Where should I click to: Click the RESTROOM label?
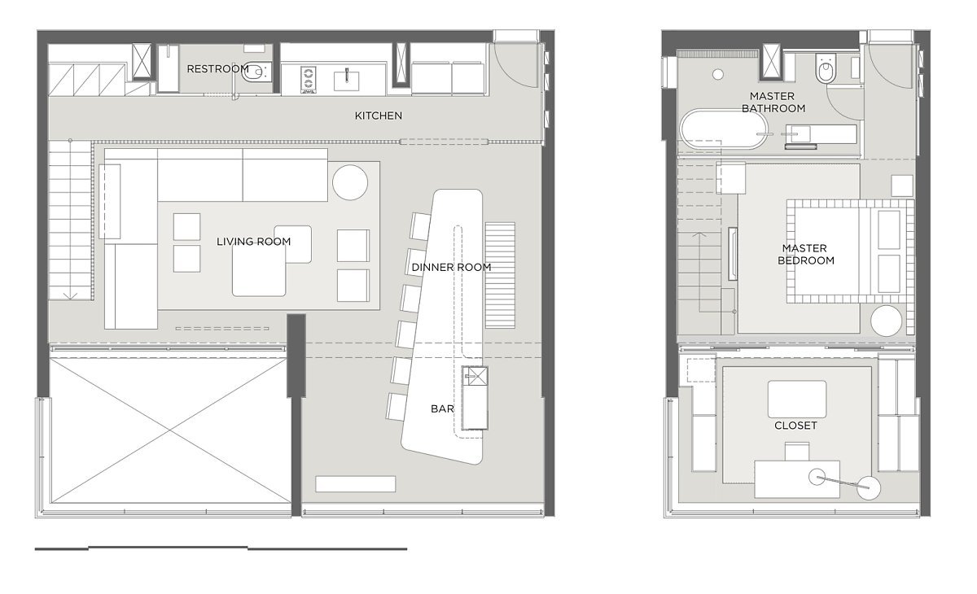[217, 69]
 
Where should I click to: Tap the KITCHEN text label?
[378, 116]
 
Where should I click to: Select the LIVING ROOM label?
[253, 242]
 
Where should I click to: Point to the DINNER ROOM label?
[451, 267]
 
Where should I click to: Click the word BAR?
[442, 408]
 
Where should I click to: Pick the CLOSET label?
[795, 426]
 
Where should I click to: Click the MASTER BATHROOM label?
[773, 102]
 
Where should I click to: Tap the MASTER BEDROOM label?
[805, 254]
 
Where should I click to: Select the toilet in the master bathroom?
[826, 68]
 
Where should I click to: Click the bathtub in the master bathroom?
[722, 129]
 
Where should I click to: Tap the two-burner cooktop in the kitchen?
[308, 79]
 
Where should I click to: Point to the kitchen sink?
[347, 81]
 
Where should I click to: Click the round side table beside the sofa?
[350, 182]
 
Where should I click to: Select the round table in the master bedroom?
[886, 321]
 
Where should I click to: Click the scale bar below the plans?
[221, 548]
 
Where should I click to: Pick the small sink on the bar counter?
[475, 376]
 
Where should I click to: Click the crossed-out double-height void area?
[169, 430]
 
